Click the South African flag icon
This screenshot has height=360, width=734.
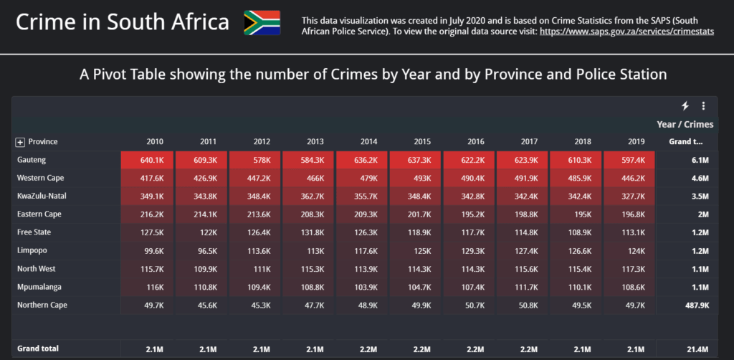(x=262, y=23)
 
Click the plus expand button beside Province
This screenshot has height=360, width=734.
(x=20, y=142)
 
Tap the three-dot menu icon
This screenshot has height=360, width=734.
(x=703, y=106)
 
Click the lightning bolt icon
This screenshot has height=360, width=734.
(x=685, y=106)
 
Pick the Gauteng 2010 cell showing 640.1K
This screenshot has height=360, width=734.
(x=148, y=160)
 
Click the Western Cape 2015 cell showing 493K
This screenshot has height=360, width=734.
(x=416, y=178)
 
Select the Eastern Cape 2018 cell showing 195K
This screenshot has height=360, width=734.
(x=576, y=214)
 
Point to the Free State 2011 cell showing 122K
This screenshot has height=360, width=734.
(x=201, y=232)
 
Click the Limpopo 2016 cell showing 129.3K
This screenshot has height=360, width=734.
(x=470, y=250)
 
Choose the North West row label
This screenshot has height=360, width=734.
(x=35, y=269)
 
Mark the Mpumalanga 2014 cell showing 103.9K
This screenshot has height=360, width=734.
(x=362, y=287)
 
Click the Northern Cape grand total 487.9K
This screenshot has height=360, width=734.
(x=695, y=305)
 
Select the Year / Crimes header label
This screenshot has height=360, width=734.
(x=685, y=125)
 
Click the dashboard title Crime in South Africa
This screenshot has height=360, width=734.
(x=123, y=23)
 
